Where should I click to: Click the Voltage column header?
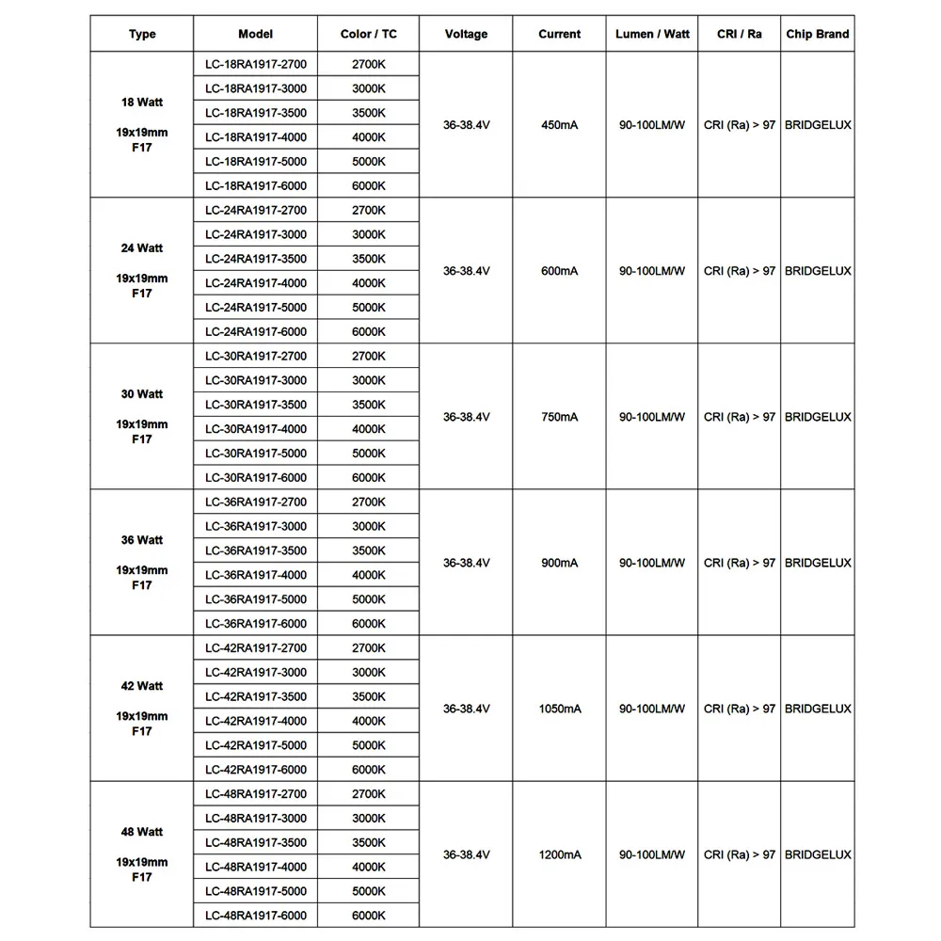466,34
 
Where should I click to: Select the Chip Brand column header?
817,34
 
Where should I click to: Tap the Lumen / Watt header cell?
652,34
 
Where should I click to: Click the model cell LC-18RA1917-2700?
256,64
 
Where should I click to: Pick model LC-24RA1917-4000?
256,283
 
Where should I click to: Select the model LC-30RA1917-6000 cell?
256,478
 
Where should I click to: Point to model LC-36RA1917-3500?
256,550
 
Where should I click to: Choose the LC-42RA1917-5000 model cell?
256,745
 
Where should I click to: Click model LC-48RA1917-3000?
256,819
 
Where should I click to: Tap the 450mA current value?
559,125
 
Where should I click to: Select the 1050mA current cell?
559,709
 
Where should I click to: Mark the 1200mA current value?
559,854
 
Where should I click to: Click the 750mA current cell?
559,417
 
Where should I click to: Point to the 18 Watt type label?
142,103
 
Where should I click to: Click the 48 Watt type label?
142,832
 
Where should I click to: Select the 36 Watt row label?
142,540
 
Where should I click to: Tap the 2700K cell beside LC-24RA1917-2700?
369,210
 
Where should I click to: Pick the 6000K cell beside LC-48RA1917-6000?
369,916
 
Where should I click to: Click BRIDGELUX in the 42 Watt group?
817,709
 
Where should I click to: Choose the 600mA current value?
559,271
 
